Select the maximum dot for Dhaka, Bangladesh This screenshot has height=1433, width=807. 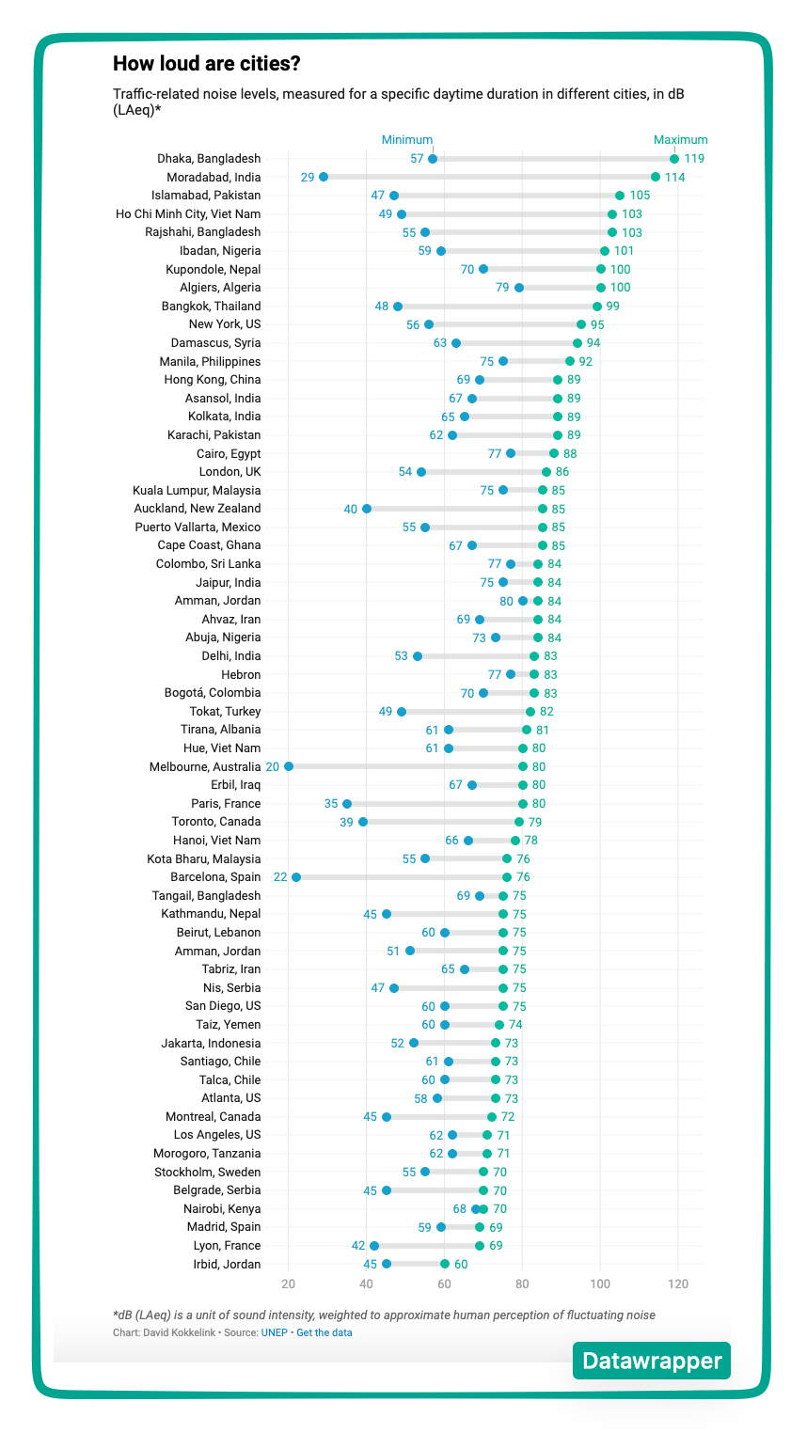click(674, 159)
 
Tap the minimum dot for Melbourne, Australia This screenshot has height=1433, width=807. click(289, 766)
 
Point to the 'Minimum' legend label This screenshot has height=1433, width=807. click(406, 140)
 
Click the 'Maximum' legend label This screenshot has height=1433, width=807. click(680, 140)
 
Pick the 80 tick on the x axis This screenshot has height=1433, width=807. click(522, 1284)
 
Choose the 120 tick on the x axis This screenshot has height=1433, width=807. click(677, 1284)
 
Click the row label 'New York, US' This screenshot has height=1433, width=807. click(225, 324)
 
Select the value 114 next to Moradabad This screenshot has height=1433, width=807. click(674, 178)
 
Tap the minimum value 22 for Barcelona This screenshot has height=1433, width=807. click(280, 877)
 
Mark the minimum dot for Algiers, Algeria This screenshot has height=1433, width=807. click(519, 288)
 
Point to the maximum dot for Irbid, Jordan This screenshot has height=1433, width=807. click(445, 1264)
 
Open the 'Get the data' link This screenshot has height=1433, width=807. click(324, 1332)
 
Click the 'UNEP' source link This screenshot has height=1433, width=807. click(275, 1332)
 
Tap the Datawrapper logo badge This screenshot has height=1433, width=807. click(651, 1361)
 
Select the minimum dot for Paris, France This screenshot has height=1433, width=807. click(347, 804)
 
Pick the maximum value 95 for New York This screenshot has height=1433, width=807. click(597, 324)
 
